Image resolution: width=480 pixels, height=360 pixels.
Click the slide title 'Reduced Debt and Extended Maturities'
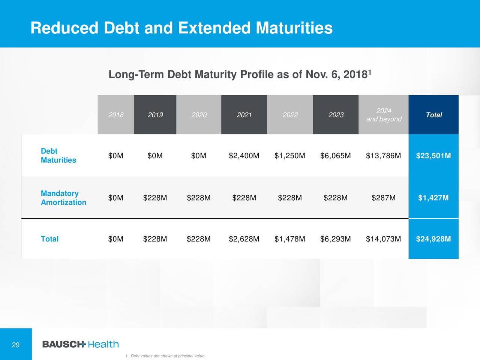(x=181, y=28)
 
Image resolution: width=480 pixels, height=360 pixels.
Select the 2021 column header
(x=244, y=115)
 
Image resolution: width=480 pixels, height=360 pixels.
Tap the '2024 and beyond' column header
(x=384, y=115)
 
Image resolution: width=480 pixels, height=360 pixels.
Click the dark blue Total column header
(x=433, y=115)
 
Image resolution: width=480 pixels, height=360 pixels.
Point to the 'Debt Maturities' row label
(x=58, y=156)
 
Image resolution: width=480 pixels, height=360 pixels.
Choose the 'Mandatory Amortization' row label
(x=63, y=198)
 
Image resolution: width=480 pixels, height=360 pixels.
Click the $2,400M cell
(x=244, y=156)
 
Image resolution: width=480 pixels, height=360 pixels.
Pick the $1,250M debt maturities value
(x=289, y=156)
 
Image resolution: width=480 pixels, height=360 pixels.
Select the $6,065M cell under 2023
(x=335, y=156)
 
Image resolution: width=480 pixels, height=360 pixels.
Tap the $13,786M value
(x=383, y=156)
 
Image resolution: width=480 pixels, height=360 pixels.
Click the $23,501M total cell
(x=433, y=156)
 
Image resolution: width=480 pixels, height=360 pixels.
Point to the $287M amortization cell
(x=383, y=198)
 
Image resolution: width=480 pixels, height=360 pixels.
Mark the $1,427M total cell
(x=433, y=198)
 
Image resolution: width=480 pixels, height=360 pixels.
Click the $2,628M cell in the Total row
(x=244, y=239)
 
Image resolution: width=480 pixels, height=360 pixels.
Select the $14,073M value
(x=383, y=239)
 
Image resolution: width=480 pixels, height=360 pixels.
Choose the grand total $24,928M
(x=433, y=239)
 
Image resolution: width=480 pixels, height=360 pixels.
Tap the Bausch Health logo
(x=80, y=344)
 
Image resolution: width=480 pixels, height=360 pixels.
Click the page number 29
(x=16, y=345)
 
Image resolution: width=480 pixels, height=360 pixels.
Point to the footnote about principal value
(x=166, y=356)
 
